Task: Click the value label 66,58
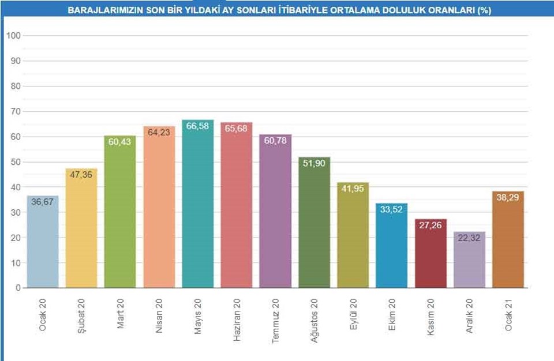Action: [x=197, y=126]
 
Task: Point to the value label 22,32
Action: [x=469, y=239]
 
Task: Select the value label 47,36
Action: [x=81, y=175]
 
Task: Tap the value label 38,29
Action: [x=508, y=198]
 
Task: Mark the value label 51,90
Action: [x=314, y=164]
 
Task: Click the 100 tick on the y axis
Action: [x=13, y=36]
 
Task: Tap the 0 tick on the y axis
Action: [x=18, y=288]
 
